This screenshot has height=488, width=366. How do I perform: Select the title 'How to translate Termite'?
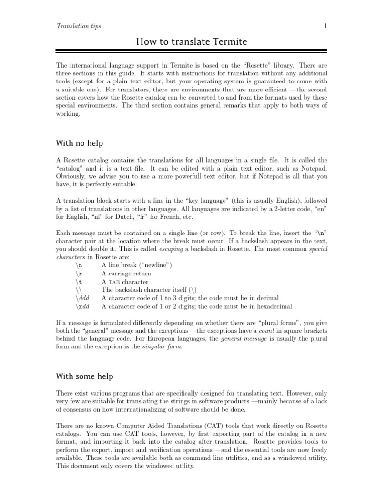(x=192, y=42)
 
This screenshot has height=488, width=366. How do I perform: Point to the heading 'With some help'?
(x=84, y=376)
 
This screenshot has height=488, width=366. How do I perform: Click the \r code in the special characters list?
(x=79, y=274)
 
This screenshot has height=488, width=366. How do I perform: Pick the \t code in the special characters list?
(x=79, y=282)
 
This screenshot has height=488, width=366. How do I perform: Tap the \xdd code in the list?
(x=82, y=306)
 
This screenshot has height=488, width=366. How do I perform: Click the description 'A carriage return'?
(x=126, y=274)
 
